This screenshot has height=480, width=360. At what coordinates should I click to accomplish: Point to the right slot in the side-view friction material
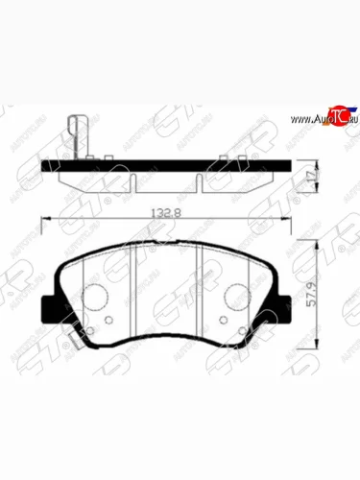click(x=199, y=180)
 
